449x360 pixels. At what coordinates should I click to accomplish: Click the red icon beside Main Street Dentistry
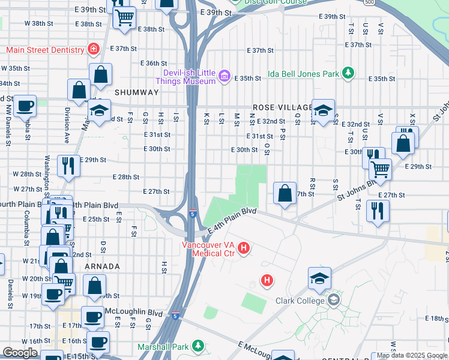93,49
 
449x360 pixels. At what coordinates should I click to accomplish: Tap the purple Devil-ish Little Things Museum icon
224,75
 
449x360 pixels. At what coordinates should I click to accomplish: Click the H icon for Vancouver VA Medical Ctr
244,247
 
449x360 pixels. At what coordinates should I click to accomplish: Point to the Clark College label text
300,301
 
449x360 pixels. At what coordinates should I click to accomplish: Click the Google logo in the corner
20,353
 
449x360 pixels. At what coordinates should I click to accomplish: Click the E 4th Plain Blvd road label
232,221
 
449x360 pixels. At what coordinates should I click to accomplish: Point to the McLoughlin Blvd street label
125,313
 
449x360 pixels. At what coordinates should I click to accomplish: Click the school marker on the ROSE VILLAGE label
323,110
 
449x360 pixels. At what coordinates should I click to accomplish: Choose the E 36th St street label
154,63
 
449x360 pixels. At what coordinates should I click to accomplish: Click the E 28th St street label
126,177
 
